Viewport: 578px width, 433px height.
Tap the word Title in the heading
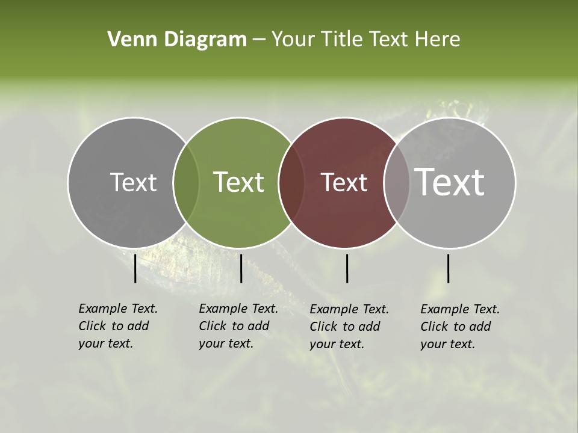point(341,40)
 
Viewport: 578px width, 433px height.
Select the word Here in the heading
point(438,40)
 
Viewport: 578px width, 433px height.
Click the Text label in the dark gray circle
point(133,182)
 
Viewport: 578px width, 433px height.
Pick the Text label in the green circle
point(238,182)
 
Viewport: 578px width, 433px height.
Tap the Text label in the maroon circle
point(344,182)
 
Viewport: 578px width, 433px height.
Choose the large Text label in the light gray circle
point(450,182)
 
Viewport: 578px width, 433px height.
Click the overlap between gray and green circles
point(186,183)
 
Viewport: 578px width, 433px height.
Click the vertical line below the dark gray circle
point(135,268)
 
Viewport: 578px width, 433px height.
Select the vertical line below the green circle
point(241,268)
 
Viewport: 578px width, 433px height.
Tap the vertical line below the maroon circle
point(347,268)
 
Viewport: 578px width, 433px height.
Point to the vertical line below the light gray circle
point(448,268)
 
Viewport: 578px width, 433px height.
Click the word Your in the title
point(293,40)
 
